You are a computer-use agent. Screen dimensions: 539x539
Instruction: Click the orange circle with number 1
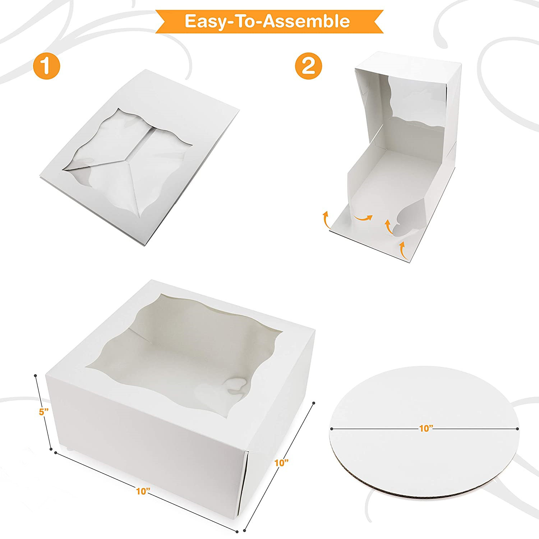46,66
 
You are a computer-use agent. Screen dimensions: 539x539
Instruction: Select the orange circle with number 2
308,66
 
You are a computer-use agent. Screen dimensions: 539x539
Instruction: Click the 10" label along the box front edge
143,491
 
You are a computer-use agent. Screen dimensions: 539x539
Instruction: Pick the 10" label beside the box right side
282,462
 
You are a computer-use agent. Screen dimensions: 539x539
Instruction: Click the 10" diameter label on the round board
426,428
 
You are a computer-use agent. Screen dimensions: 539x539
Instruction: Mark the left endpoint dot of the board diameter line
331,428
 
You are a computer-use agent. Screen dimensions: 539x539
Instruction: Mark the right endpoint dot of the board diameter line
517,428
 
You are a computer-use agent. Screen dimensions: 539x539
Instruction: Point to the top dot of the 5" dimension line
35,376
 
